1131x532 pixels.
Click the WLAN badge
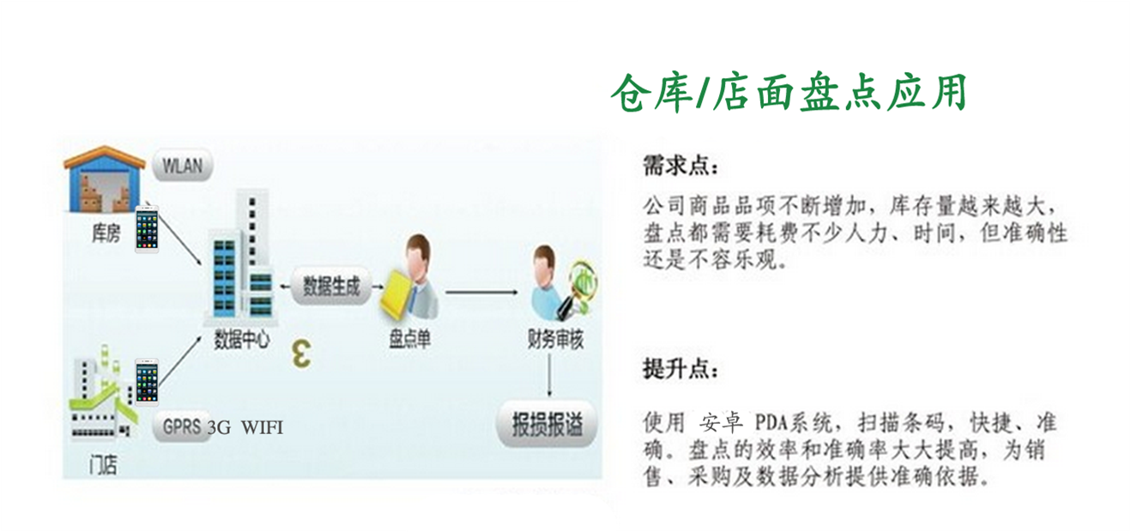182,165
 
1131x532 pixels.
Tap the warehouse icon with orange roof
105,178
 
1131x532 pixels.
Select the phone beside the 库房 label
147,229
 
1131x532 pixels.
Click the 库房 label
106,233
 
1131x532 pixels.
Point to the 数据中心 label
242,339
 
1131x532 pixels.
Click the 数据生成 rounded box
331,287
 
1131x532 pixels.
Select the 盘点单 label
409,339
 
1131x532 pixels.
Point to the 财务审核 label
555,339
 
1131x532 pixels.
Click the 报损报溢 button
547,424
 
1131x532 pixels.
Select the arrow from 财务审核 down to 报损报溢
549,375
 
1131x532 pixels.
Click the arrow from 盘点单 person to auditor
481,292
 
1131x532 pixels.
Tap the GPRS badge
182,427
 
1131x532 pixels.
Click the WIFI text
262,427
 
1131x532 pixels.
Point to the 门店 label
104,465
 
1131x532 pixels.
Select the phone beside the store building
147,382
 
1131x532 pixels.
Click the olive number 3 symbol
302,354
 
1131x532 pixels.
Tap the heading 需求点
680,166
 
